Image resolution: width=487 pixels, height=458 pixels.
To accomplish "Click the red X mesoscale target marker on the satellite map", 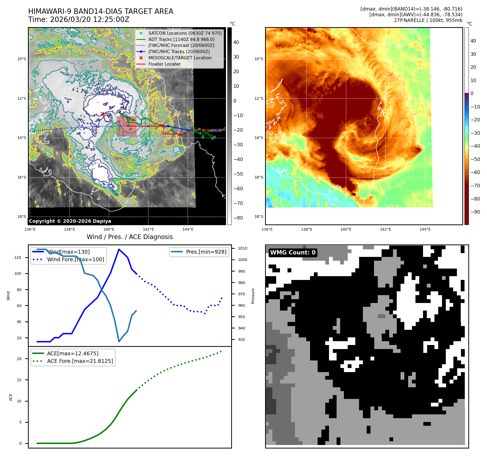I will pos(102,114).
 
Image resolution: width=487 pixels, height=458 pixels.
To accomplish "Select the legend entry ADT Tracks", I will pos(181,39).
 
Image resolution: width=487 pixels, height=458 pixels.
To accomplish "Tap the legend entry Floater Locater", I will pos(164,64).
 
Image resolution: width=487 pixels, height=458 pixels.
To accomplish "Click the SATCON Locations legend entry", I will pos(185,33).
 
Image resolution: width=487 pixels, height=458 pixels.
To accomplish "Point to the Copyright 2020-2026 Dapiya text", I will pos(70,221).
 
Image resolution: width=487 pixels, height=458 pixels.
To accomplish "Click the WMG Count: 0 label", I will pos(293,253).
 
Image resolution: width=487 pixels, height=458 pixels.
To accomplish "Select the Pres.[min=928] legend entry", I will pos(206,252).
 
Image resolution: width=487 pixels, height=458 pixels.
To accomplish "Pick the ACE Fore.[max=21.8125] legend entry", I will pos(80,361).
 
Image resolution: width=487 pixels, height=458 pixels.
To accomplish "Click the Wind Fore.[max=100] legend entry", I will pos(75,259).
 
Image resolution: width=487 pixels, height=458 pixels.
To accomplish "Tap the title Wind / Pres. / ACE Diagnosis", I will pos(130,237).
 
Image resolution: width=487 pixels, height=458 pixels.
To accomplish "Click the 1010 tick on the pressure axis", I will pos(242,248).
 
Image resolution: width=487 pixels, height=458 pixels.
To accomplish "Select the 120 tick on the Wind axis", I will pos(18,257).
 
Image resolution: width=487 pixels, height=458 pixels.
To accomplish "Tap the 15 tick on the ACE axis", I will pos(19,380).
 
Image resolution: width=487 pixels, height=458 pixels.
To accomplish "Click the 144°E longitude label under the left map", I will pos(188,229).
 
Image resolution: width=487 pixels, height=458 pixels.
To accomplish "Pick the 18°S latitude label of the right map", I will pos(259,217).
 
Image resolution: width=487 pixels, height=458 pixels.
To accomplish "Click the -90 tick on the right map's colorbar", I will pos(475,212).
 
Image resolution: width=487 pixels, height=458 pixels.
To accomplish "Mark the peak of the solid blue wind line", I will pos(119,249).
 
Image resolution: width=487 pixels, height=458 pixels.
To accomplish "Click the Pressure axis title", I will pos(253,296).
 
